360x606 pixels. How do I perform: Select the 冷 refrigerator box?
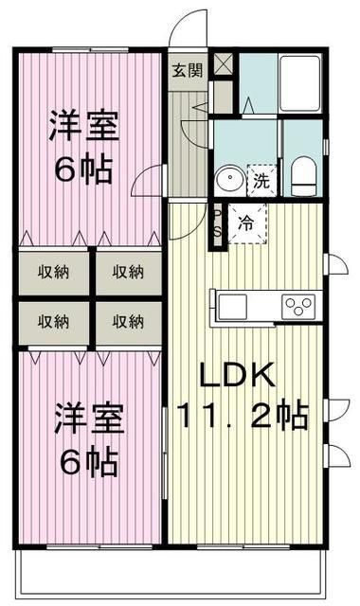click(x=245, y=224)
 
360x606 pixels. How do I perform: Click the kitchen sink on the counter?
click(x=232, y=305)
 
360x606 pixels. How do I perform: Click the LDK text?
click(x=237, y=375)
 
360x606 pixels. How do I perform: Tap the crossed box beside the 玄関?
click(x=223, y=65)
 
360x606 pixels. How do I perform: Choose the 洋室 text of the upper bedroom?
click(x=83, y=128)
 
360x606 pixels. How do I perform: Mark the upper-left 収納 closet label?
click(x=53, y=272)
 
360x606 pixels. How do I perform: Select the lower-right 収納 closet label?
click(x=128, y=322)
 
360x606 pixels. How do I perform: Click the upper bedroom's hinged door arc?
click(x=147, y=182)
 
